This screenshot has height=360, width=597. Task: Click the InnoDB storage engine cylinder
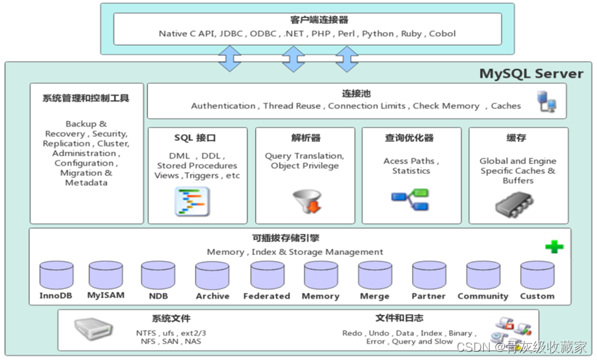tap(56, 275)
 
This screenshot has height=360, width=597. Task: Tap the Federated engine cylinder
tap(267, 275)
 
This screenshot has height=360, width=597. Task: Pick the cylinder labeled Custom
tap(537, 275)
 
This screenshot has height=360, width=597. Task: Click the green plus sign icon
tap(554, 247)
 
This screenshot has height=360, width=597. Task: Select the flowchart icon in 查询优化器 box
tap(410, 198)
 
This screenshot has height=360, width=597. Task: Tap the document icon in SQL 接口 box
tap(192, 202)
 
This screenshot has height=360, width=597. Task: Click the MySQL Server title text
tap(531, 74)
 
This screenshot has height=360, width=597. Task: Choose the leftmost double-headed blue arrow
tap(229, 59)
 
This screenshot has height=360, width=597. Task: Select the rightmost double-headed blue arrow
tap(347, 59)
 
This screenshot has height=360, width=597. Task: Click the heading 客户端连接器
tap(309, 20)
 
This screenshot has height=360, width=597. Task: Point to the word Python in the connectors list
tap(378, 33)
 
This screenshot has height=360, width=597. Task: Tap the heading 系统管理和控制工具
tap(86, 98)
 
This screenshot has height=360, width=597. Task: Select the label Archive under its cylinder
tap(212, 296)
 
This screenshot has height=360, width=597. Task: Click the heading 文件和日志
tap(399, 318)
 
